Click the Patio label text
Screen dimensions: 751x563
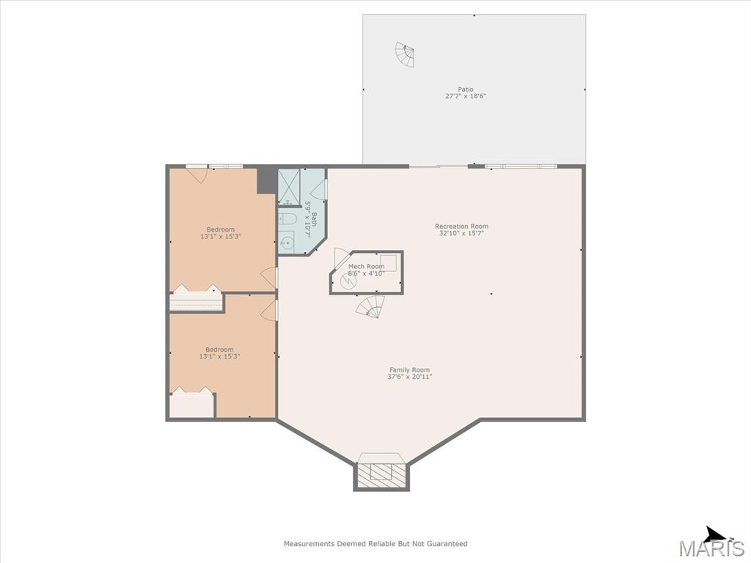pos(466,89)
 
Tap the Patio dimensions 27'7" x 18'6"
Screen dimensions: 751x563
pos(466,96)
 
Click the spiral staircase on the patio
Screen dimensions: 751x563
pos(405,54)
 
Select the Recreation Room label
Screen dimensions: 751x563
pos(462,227)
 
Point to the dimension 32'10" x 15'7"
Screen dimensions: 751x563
pos(462,233)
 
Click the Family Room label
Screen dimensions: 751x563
pos(409,369)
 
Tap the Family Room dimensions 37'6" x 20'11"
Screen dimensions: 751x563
pos(409,376)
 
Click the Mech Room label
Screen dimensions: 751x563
pos(367,266)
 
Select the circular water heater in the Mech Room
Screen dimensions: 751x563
pos(348,281)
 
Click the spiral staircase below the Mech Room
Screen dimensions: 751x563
pos(370,306)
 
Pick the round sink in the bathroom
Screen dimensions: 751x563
pos(287,243)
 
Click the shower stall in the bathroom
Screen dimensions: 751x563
pos(289,187)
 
